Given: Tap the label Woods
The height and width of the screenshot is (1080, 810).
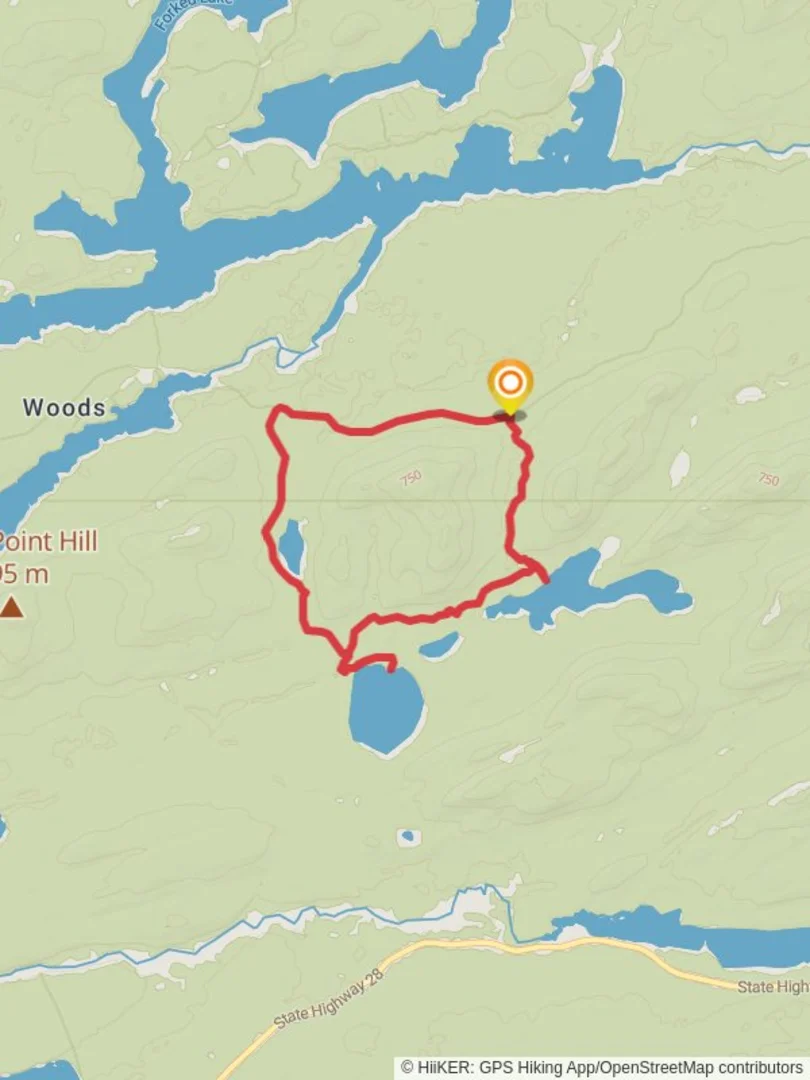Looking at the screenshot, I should click(x=64, y=407).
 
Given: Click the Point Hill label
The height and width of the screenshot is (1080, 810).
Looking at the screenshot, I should click(x=48, y=542).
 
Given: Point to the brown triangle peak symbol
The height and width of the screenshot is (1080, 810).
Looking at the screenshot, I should click(x=11, y=607).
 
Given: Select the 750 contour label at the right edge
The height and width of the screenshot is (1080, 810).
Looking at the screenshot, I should click(x=768, y=480).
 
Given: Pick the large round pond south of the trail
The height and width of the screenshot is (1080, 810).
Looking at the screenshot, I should click(x=385, y=710).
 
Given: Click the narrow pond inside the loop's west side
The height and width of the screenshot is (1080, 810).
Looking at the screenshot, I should click(x=291, y=545).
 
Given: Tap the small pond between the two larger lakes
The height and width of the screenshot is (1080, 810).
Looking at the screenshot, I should click(x=440, y=645).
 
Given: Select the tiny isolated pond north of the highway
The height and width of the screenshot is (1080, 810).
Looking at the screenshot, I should click(x=407, y=837).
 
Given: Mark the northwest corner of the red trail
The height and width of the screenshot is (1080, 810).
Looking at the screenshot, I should click(x=278, y=411).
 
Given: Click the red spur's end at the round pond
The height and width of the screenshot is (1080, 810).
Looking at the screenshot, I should click(x=392, y=668).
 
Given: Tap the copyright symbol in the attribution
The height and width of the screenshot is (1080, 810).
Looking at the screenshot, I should click(x=408, y=1068).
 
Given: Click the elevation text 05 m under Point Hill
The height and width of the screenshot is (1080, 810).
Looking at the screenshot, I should click(x=24, y=575).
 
